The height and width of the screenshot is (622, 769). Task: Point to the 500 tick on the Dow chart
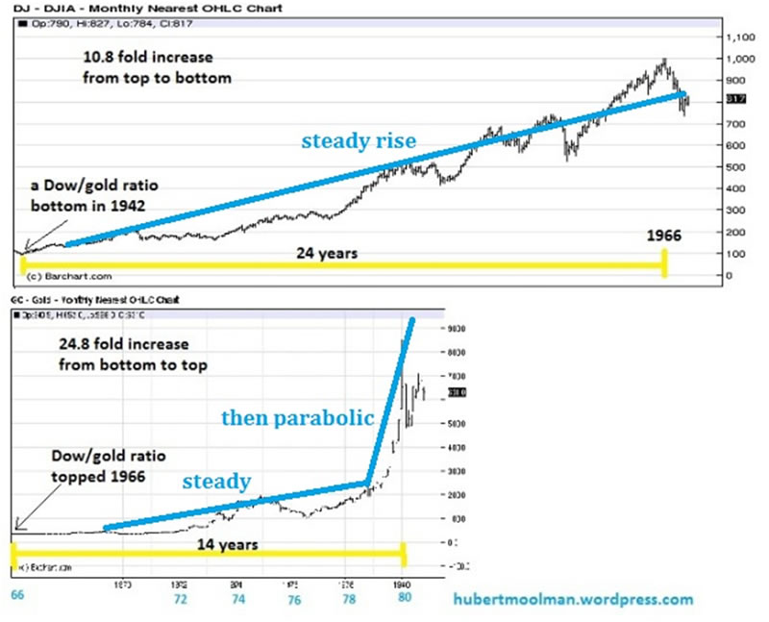click(x=736, y=167)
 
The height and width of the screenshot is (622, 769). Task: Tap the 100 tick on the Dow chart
click(x=736, y=254)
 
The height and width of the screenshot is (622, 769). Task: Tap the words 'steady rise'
click(x=359, y=141)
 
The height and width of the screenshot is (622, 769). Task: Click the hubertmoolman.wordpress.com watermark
click(x=573, y=599)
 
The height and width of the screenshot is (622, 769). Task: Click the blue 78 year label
click(x=352, y=597)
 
